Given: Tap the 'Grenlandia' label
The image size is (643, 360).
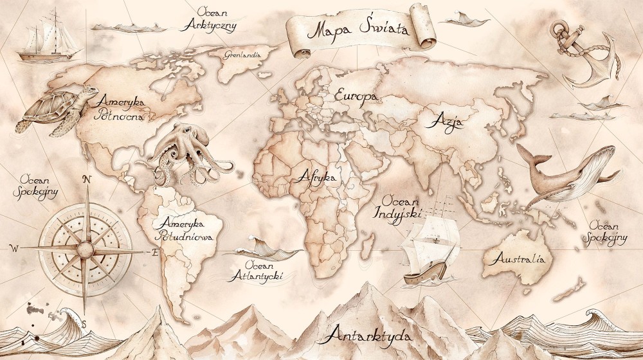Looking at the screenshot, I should (242, 55).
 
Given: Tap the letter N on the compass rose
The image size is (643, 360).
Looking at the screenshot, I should (88, 179).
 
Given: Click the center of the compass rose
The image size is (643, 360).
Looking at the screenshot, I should (85, 248).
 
